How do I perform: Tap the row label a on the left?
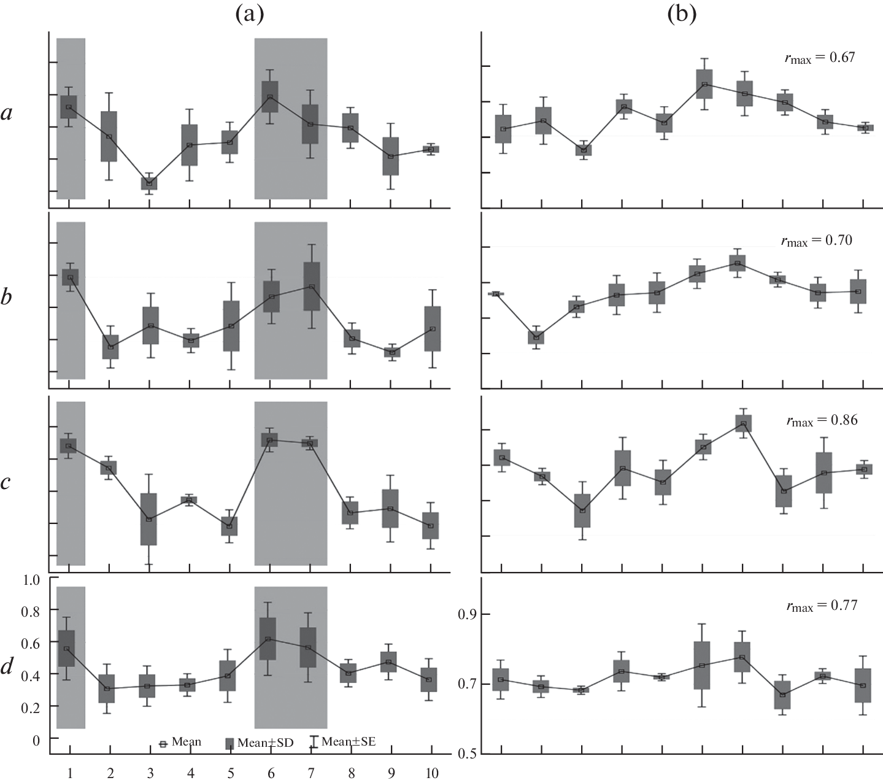pyautogui.click(x=7, y=114)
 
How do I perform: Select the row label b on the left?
pyautogui.click(x=7, y=298)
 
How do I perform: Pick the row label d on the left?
pyautogui.click(x=7, y=666)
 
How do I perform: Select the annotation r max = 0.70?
pyautogui.click(x=816, y=241)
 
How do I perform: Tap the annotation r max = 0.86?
pyautogui.click(x=822, y=421)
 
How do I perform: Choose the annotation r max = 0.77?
pyautogui.click(x=822, y=606)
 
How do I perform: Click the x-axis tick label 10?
pyautogui.click(x=431, y=773)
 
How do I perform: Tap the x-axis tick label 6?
pyautogui.click(x=269, y=773)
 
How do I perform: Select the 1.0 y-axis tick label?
pyautogui.click(x=29, y=579)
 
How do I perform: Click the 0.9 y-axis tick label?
pyautogui.click(x=466, y=614)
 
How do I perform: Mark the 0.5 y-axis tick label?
pyautogui.click(x=466, y=754)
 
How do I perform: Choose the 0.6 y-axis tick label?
pyautogui.click(x=29, y=643)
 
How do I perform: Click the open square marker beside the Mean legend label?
pyautogui.click(x=163, y=743)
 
